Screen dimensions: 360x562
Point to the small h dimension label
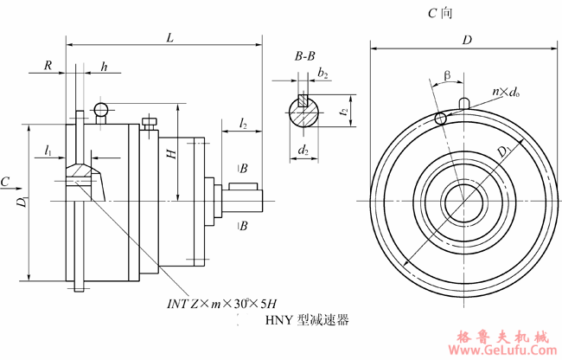pyautogui.click(x=105, y=66)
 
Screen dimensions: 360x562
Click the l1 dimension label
pyautogui.click(x=49, y=151)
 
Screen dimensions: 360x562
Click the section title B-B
pyautogui.click(x=304, y=57)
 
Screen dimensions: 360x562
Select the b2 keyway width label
pyautogui.click(x=323, y=74)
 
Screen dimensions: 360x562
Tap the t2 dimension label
pyautogui.click(x=343, y=111)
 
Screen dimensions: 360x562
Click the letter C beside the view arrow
pyautogui.click(x=6, y=183)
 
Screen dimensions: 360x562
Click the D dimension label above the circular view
pyautogui.click(x=467, y=40)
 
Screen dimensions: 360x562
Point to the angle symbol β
pyautogui.click(x=447, y=75)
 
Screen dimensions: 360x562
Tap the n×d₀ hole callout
pyautogui.click(x=506, y=90)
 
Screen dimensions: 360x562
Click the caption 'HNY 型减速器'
pyautogui.click(x=306, y=320)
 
